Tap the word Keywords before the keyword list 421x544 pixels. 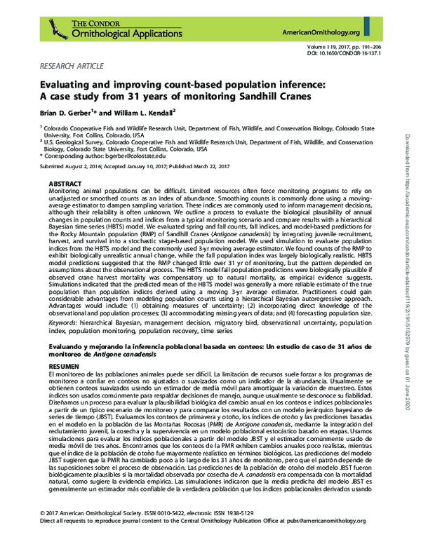64,322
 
